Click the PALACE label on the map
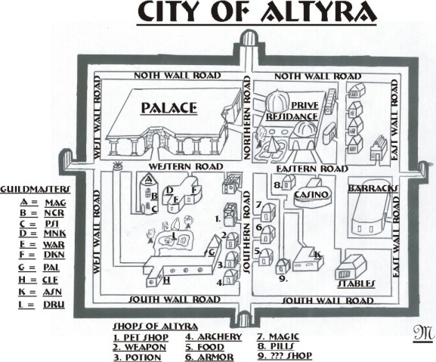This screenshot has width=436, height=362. (169, 108)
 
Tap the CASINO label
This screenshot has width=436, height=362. (311, 194)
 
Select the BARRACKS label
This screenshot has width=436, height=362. (373, 188)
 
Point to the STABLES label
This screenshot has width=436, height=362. (356, 283)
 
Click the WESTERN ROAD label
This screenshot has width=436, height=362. (186, 166)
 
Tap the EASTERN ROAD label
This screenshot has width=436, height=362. (312, 169)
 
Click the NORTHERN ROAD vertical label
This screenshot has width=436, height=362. (247, 118)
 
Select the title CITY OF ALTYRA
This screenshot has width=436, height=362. (257, 13)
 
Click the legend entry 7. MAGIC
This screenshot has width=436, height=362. (278, 337)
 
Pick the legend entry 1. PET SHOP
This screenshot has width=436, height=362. (141, 337)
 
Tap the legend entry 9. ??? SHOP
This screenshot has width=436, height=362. (285, 355)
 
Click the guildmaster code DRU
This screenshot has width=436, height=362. (54, 305)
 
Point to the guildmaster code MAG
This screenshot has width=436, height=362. (56, 203)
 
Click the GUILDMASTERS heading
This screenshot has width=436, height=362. (36, 190)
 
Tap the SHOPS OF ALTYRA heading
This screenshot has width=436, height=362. (156, 326)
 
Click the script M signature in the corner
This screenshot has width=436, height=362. (423, 333)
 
